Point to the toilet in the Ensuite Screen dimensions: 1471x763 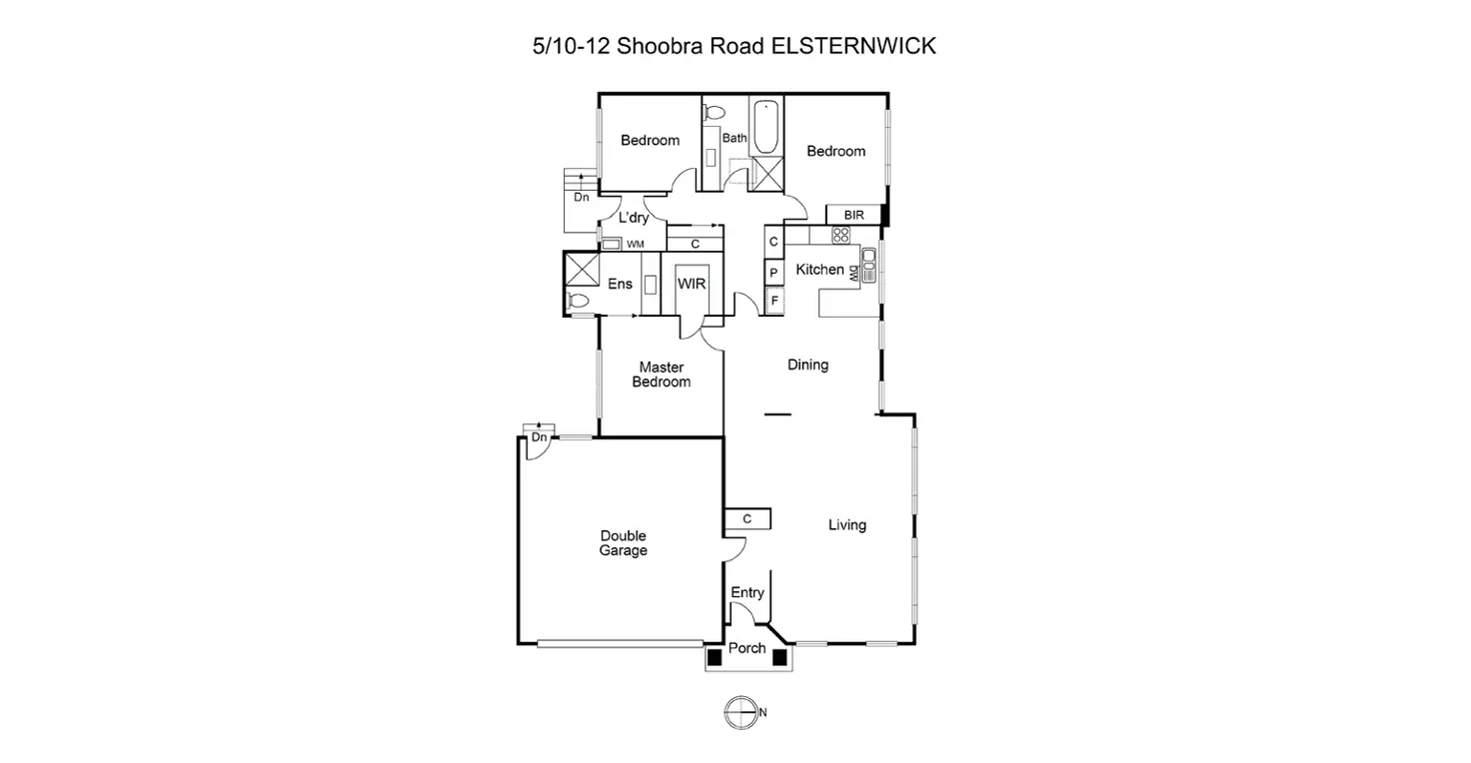click(x=578, y=300)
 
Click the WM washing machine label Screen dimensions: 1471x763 click(x=635, y=244)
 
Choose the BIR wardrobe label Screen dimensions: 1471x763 click(x=853, y=215)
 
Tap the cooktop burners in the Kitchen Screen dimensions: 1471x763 click(x=840, y=236)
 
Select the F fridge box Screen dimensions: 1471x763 click(x=773, y=300)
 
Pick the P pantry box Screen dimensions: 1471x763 click(x=773, y=272)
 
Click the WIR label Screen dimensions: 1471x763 click(x=692, y=284)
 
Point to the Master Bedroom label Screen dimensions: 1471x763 click(x=662, y=375)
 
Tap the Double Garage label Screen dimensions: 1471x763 click(x=623, y=543)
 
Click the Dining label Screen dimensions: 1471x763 click(x=807, y=365)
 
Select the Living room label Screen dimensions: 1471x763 click(x=846, y=524)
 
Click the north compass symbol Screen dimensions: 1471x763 click(x=738, y=712)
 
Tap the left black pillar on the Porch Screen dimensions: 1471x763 click(x=715, y=656)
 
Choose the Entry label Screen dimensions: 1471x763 click(x=747, y=592)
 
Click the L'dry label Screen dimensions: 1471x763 click(x=635, y=218)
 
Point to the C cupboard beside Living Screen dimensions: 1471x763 click(x=746, y=518)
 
